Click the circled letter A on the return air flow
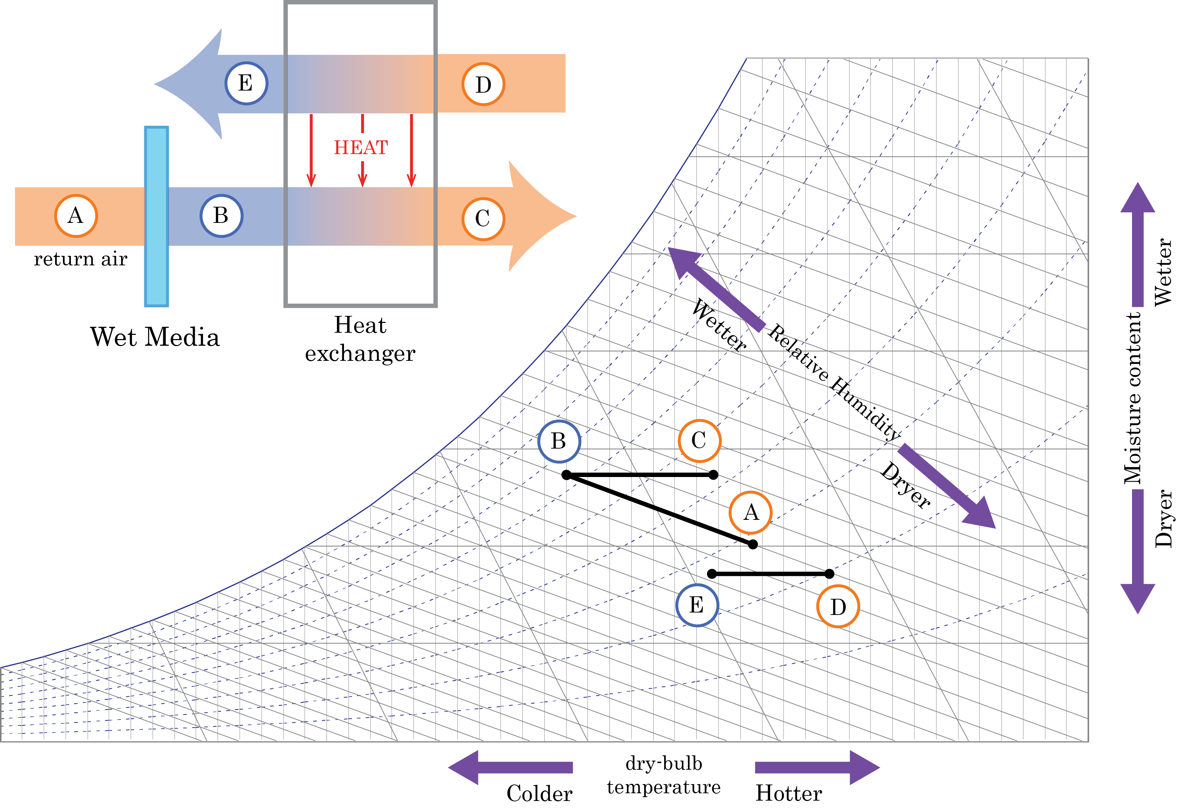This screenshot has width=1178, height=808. click(76, 216)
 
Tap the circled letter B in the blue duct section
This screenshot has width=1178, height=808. click(221, 216)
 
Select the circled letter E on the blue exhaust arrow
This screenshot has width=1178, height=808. click(246, 83)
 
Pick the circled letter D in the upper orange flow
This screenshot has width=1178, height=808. click(483, 84)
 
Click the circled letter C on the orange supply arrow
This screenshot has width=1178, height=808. click(483, 218)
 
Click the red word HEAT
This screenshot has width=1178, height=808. click(361, 147)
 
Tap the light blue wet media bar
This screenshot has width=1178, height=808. click(156, 217)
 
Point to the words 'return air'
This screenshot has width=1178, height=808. click(80, 259)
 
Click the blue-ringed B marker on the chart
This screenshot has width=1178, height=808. click(559, 441)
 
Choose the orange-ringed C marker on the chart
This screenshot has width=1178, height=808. click(700, 441)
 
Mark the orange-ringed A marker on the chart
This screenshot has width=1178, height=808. click(751, 512)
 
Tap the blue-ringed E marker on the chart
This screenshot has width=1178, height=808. click(697, 605)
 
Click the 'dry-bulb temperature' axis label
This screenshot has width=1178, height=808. click(663, 775)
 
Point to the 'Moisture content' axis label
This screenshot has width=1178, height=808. click(1133, 398)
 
